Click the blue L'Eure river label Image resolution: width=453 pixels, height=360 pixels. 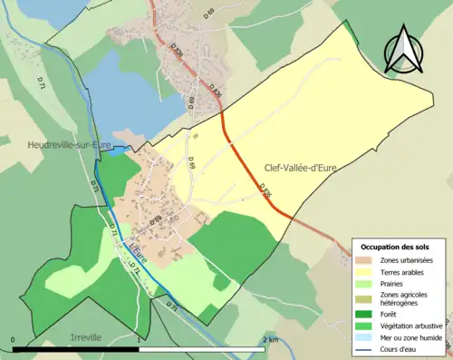pos(137,244)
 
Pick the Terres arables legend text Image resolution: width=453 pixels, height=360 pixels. pos(406,271)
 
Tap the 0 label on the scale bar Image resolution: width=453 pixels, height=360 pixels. pos(14,339)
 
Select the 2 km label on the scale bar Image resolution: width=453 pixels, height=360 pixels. pos(270,339)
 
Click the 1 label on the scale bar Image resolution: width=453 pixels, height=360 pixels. pos(138,339)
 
